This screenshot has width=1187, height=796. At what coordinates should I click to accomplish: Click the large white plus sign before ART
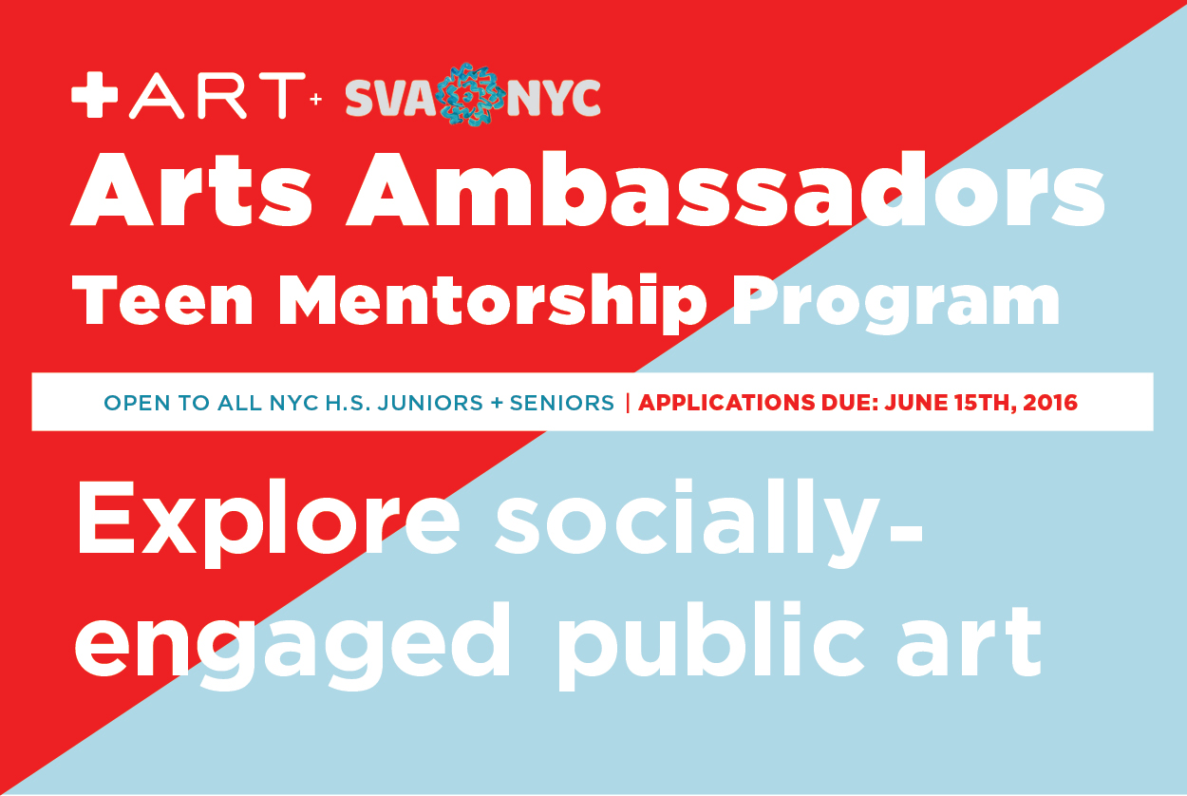point(94,94)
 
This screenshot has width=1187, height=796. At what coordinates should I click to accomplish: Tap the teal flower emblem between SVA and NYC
point(470,94)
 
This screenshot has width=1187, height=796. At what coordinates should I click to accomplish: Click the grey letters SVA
point(390,98)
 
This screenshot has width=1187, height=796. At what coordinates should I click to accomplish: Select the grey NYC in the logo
point(554,98)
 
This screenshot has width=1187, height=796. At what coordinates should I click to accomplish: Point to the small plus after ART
point(316,99)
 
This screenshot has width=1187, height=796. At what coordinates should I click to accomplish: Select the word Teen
point(162,300)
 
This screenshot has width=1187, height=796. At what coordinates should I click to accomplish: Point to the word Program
point(895,306)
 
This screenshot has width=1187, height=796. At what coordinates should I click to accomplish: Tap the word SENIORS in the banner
point(562,403)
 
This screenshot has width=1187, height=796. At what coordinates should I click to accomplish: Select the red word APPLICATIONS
point(726,403)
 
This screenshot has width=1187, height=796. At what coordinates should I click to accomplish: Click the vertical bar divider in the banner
point(628,403)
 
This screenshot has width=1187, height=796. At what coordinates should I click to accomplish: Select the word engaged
point(292,646)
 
